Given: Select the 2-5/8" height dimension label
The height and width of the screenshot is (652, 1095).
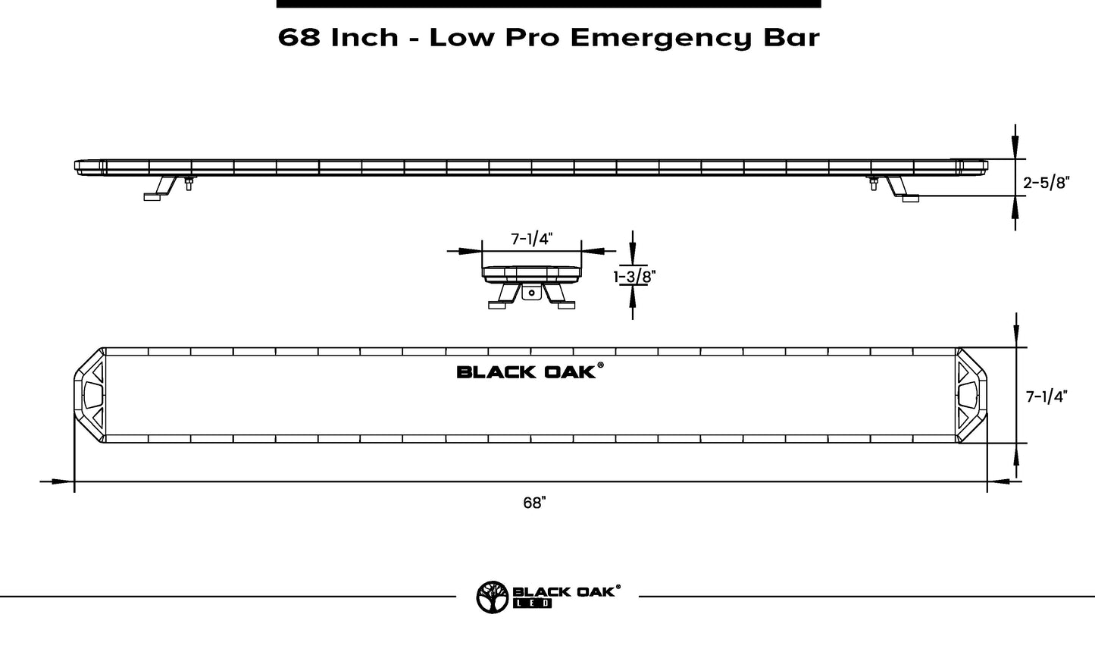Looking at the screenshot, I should [1045, 183].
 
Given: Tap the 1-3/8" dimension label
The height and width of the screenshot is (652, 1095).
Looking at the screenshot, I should [634, 277].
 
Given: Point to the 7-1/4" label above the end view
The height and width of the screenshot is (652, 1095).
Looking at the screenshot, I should [531, 240].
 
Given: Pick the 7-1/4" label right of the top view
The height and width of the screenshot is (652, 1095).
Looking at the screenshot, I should [1046, 397].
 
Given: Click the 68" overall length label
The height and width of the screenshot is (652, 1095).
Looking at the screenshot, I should [534, 503].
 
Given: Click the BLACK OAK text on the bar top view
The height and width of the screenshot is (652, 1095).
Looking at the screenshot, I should [527, 371].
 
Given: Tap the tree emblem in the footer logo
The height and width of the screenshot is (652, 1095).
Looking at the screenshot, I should [492, 597].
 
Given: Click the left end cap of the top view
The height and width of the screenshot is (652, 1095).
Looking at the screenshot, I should [89, 395].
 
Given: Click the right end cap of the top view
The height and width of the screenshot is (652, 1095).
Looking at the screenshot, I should [971, 395].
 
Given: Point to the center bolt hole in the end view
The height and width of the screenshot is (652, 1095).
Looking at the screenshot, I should [532, 292].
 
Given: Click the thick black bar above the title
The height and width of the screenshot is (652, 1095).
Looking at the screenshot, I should [548, 4].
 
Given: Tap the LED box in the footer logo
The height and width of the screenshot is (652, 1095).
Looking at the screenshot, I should [533, 603].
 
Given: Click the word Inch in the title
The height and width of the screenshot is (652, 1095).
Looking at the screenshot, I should [364, 37].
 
